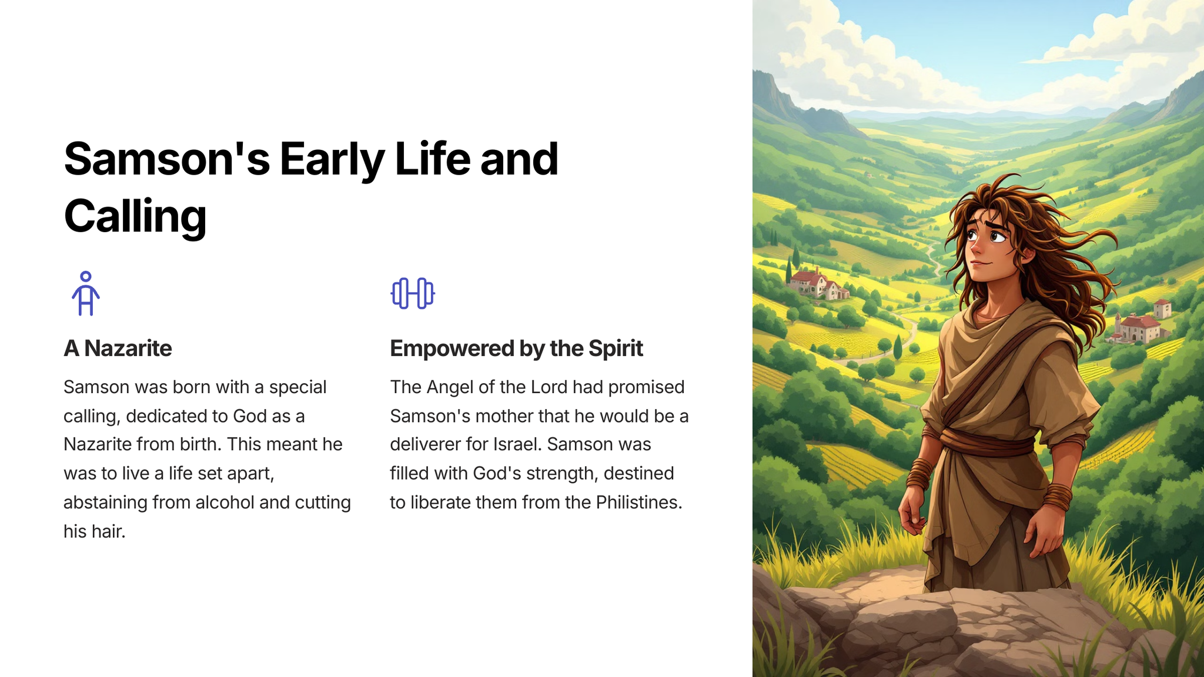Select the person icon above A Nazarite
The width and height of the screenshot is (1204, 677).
pyautogui.click(x=86, y=293)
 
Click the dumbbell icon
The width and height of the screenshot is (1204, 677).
pyautogui.click(x=413, y=293)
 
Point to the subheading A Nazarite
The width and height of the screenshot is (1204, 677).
pyautogui.click(x=118, y=348)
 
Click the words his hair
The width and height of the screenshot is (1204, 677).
pyautogui.click(x=95, y=531)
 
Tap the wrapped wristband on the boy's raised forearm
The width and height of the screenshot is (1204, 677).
pyautogui.click(x=1058, y=497)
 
